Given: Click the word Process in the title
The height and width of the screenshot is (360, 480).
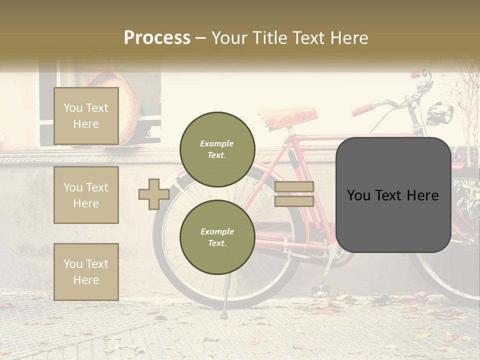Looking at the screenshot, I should (x=157, y=37).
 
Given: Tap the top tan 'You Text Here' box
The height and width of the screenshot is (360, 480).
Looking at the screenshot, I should (x=86, y=116).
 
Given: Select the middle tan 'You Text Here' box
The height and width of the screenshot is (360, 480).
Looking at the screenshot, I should (x=86, y=195).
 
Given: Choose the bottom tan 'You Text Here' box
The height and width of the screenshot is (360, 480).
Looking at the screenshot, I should (x=86, y=271).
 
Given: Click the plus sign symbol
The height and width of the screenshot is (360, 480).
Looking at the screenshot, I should (x=153, y=194).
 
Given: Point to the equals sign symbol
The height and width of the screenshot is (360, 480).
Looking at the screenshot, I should (x=294, y=194).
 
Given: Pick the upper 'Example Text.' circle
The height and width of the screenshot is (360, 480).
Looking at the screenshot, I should (x=217, y=149).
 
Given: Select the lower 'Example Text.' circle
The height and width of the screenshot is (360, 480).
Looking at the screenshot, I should (x=217, y=237).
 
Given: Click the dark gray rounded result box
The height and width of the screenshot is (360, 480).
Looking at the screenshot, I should (x=393, y=194).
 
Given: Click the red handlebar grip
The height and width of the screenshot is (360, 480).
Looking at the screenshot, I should (x=363, y=108).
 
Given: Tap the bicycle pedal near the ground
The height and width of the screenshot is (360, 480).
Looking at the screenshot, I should (x=320, y=289).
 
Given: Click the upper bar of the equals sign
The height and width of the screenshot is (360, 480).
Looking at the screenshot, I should (x=294, y=186).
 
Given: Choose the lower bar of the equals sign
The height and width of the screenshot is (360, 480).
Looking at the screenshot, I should (x=294, y=201).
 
